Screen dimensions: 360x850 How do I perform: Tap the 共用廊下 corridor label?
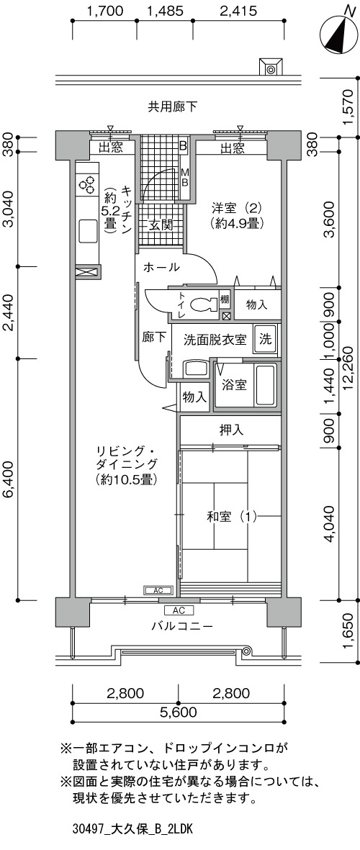pyautogui.click(x=172, y=107)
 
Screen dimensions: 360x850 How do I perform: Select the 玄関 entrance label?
pyautogui.click(x=161, y=225)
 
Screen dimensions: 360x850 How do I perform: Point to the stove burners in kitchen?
pyautogui.click(x=87, y=185)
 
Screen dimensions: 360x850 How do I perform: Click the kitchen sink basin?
pyautogui.click(x=89, y=230)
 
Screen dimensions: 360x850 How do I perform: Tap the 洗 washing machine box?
pyautogui.click(x=265, y=339)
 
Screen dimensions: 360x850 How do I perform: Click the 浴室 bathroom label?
pyautogui.click(x=234, y=386)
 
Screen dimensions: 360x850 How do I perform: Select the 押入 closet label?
pyautogui.click(x=231, y=430)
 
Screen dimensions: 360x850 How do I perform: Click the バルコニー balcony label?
pyautogui.click(x=181, y=627)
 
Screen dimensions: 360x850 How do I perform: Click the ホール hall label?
pyautogui.click(x=161, y=267)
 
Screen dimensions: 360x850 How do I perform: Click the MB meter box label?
pyautogui.click(x=184, y=177)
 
